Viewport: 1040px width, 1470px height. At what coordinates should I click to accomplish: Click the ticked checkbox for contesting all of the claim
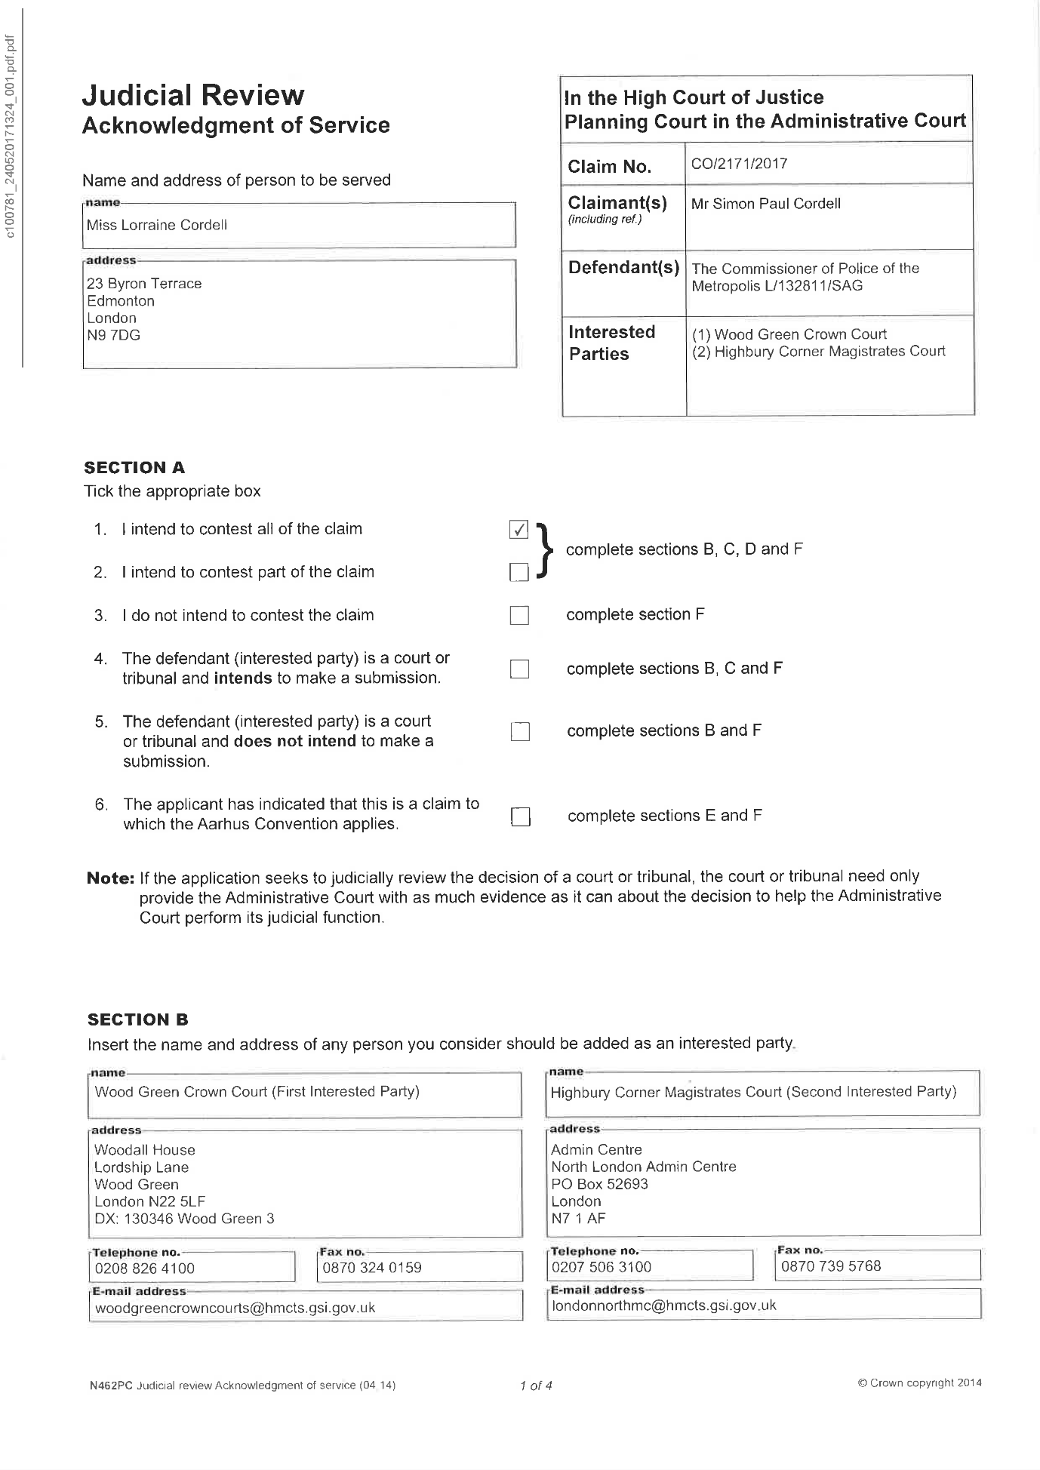tap(518, 530)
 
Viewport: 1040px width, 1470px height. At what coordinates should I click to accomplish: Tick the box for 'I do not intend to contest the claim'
tap(519, 616)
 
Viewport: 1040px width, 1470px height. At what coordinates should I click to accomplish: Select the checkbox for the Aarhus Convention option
tap(520, 816)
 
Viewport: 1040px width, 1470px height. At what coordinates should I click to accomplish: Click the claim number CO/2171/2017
tap(739, 164)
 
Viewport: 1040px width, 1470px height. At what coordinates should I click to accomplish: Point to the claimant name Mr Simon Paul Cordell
tap(765, 204)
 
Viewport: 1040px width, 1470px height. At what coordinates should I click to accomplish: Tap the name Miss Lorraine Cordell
tap(157, 225)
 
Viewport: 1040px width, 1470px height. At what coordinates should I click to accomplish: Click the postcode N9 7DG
tap(113, 336)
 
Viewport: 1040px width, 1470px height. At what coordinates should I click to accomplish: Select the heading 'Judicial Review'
tap(193, 96)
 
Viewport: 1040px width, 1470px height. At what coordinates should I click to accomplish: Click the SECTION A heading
tap(134, 468)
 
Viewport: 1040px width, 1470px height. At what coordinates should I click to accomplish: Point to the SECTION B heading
tap(138, 1020)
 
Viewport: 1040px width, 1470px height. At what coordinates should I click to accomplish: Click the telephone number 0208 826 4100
tap(145, 1269)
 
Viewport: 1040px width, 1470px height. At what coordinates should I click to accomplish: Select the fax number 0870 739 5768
tap(831, 1266)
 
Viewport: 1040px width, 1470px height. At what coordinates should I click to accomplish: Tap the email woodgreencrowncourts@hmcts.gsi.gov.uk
tap(235, 1308)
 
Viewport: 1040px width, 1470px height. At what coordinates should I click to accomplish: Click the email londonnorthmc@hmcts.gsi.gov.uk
tap(664, 1305)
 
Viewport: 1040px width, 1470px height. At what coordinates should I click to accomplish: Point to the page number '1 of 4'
tap(536, 1385)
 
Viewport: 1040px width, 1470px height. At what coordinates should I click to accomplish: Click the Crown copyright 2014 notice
tap(919, 1383)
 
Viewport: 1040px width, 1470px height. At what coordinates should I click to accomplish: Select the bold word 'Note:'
tap(111, 878)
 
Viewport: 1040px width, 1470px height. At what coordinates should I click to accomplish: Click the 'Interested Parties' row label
tap(611, 343)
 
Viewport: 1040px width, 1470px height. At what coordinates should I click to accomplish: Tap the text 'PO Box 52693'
tap(599, 1184)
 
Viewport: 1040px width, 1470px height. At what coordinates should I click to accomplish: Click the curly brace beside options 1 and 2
tap(545, 550)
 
